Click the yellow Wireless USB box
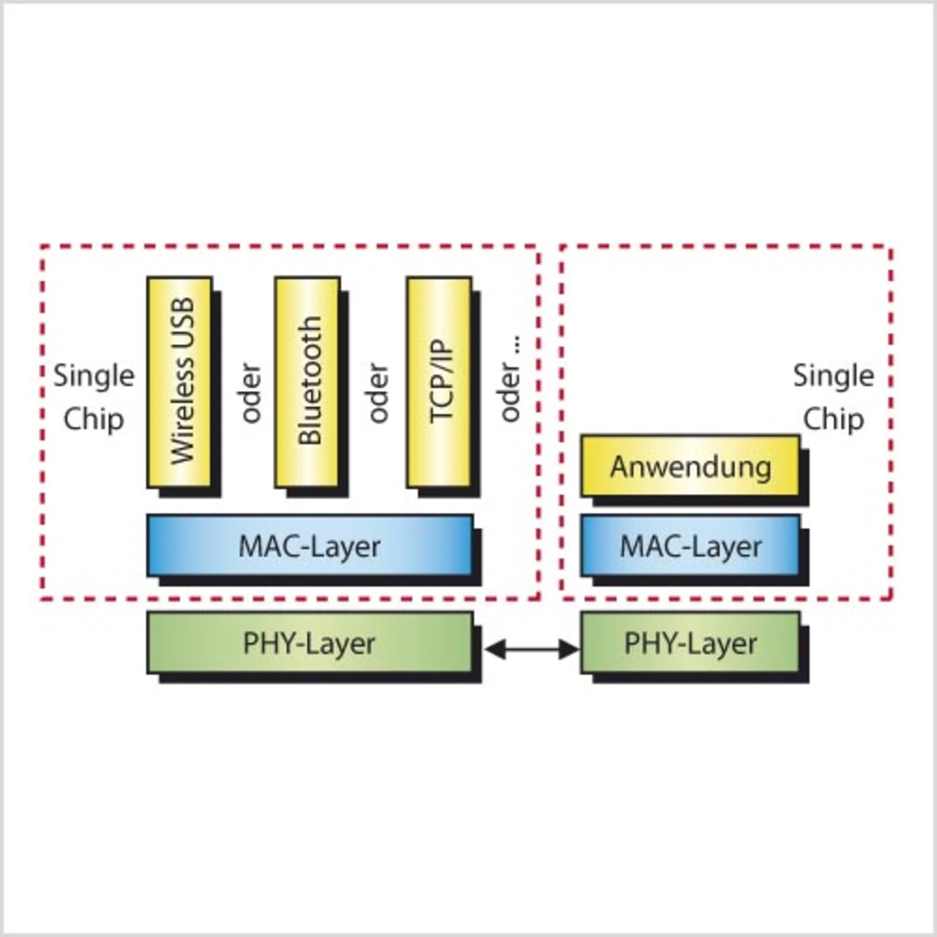coord(179,381)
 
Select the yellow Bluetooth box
coord(307,381)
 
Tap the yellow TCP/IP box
coord(439,381)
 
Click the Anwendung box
coord(690,466)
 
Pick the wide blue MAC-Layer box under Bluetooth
coord(310,546)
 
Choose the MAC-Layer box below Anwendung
coord(690,546)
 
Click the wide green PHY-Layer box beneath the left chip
coord(310,643)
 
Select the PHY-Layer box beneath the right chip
coord(690,643)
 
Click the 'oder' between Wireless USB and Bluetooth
coord(251,393)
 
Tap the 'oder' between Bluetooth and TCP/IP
coord(378,393)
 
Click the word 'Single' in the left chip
coord(94,376)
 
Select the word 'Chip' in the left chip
coord(94,419)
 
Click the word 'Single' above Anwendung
coord(834,376)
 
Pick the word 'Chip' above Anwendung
coord(834,419)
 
